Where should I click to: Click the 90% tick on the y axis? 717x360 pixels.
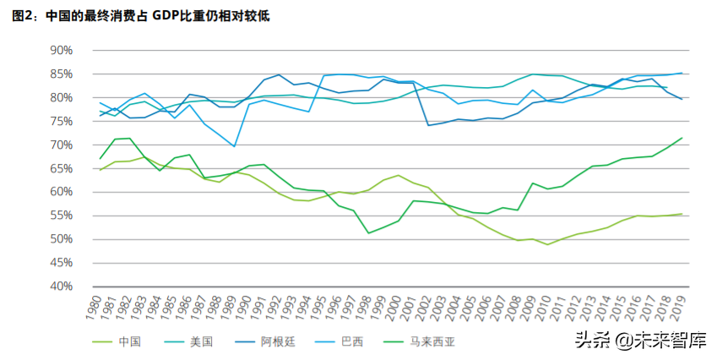pyautogui.click(x=62, y=50)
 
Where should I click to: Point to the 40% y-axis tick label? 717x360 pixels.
pyautogui.click(x=62, y=286)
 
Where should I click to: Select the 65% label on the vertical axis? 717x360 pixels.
pyautogui.click(x=62, y=168)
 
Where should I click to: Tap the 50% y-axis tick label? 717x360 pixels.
pyautogui.click(x=62, y=239)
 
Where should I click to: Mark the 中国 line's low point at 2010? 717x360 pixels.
pyautogui.click(x=548, y=244)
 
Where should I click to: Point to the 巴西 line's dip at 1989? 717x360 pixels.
pyautogui.click(x=235, y=147)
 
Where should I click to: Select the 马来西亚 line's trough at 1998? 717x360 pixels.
pyautogui.click(x=369, y=233)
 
